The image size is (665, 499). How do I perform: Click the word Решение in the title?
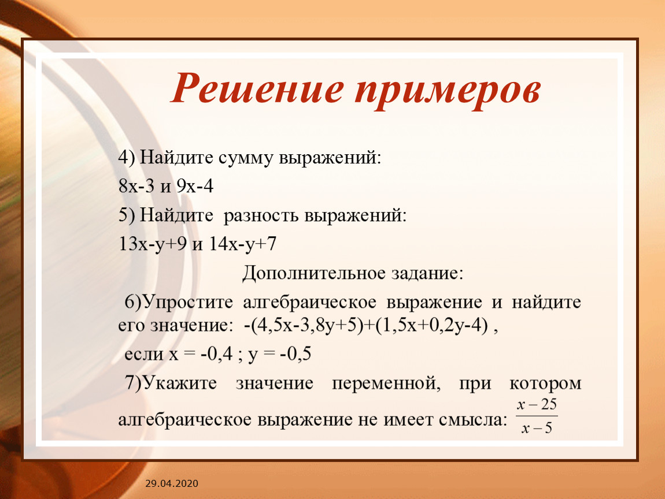point(257,88)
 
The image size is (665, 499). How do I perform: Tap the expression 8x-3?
point(136,186)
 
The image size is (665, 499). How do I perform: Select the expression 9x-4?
point(195,186)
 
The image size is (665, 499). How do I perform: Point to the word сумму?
point(246,158)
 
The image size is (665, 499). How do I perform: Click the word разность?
point(261,216)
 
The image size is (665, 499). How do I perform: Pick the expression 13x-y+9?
point(153,244)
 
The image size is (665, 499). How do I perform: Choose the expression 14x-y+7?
point(243,244)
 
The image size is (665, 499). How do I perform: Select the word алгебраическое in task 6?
point(309,303)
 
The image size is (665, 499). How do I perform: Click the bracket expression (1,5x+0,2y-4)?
point(431,326)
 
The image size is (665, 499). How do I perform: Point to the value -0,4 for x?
point(217,353)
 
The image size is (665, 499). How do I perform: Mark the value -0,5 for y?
point(295,353)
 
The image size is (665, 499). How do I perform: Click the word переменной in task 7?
point(386,384)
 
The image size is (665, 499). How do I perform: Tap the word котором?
point(545,384)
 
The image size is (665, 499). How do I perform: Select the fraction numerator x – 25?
point(537,404)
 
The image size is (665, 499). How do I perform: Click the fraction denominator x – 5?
point(537,429)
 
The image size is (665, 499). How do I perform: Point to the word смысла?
point(473,420)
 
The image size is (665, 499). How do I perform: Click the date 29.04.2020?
point(172,483)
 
